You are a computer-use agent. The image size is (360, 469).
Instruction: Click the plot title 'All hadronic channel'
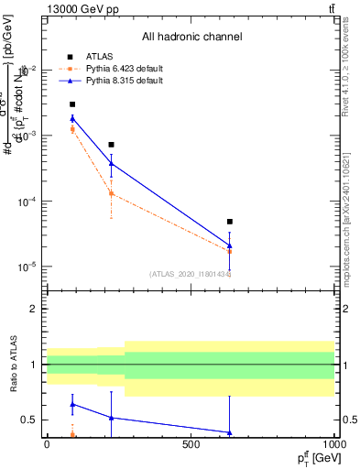coord(191,37)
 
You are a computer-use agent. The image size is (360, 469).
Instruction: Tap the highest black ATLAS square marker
coord(72,104)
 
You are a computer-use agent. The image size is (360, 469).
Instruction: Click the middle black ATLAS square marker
coord(111,145)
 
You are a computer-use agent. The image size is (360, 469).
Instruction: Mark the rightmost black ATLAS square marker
coord(230,222)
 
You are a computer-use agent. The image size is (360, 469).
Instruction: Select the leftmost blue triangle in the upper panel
coord(72,118)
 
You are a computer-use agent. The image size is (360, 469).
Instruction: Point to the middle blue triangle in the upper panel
coord(111,163)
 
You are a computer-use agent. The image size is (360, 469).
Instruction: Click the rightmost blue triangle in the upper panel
coord(230,245)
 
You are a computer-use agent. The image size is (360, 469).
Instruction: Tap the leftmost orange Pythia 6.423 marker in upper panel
coord(72,129)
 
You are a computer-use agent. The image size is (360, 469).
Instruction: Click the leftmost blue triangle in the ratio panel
coord(72,404)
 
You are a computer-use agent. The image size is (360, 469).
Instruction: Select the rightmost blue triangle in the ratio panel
coord(230,432)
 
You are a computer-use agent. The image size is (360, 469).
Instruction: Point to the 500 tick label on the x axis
coord(191,444)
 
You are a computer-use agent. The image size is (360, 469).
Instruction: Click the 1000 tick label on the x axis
coord(333,444)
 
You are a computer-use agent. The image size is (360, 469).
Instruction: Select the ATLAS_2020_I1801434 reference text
coord(190,274)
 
